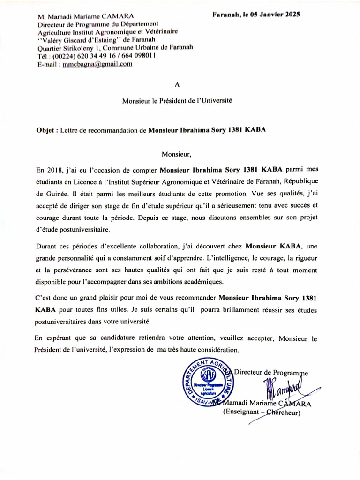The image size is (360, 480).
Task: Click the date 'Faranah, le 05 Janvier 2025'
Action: pos(256,15)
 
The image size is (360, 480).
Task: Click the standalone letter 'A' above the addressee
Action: pos(177,85)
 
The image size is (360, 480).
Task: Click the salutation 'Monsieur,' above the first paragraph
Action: pos(177,154)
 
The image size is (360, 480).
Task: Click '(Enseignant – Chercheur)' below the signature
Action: pos(262,412)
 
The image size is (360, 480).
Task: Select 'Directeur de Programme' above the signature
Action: pos(271,372)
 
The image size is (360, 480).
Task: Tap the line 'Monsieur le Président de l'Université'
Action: pos(177,100)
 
